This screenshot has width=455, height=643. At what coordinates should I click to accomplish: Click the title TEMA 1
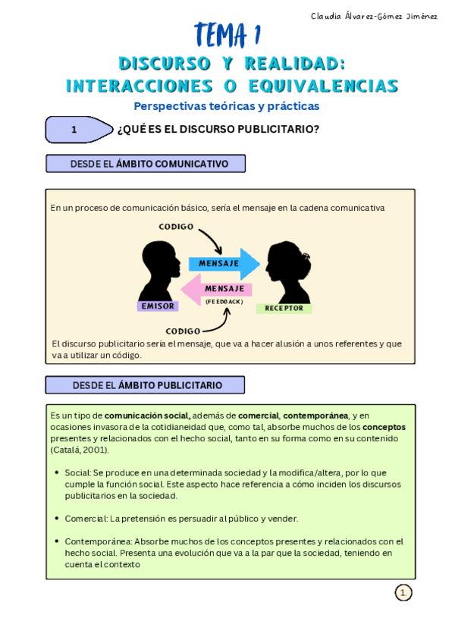[227, 34]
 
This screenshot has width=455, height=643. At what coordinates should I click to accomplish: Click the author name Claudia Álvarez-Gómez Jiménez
[374, 16]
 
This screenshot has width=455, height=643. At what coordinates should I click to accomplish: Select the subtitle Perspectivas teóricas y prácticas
[227, 106]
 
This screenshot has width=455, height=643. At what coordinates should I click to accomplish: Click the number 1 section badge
[74, 130]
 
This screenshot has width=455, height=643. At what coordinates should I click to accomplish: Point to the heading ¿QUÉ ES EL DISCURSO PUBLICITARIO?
[218, 130]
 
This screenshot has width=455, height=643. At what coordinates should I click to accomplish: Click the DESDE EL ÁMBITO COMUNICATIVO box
[147, 164]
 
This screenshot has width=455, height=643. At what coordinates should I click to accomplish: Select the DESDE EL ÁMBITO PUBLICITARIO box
[145, 385]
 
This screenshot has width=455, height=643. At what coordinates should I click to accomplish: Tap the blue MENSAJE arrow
[224, 263]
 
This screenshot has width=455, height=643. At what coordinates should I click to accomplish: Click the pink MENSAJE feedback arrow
[218, 290]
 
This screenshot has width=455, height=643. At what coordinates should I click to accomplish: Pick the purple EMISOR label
[158, 306]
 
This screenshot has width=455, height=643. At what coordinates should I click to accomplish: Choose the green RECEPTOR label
[284, 309]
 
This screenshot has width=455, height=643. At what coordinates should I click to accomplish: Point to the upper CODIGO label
[176, 227]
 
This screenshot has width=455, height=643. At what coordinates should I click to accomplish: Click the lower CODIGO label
[183, 331]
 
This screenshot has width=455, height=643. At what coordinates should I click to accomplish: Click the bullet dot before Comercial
[57, 519]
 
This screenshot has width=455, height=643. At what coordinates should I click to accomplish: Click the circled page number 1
[403, 593]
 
